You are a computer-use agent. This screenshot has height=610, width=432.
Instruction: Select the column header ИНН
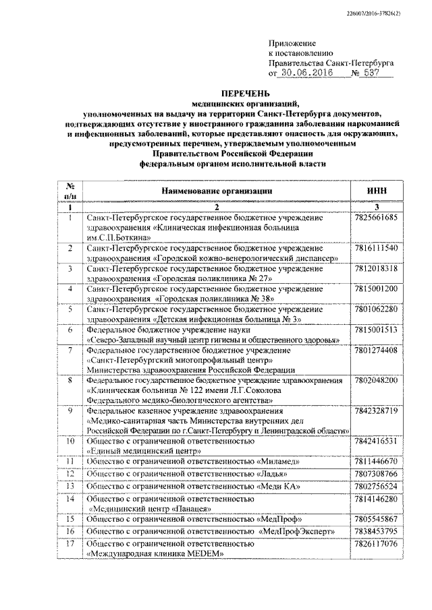coord(376,191)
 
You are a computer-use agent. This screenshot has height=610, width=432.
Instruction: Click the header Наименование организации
coord(216,191)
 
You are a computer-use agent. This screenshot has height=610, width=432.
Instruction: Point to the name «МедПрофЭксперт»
coord(296,532)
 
